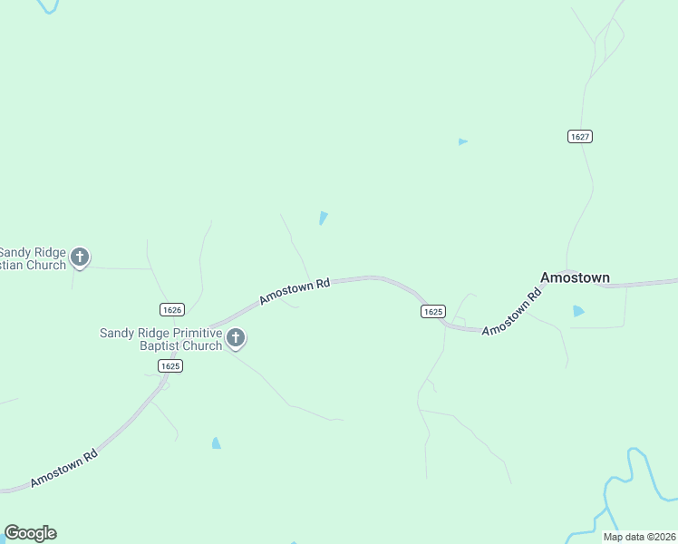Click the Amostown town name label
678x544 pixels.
(x=575, y=277)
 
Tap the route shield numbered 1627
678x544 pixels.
(x=581, y=136)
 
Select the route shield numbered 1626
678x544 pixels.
(x=171, y=309)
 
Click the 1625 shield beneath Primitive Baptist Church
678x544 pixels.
(x=170, y=365)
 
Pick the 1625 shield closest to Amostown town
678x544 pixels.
(x=432, y=311)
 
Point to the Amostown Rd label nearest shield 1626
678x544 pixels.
(x=295, y=291)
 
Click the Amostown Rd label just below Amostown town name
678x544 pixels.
(x=511, y=312)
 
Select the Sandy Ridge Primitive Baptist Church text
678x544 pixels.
(x=160, y=339)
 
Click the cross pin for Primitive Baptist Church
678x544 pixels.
(x=236, y=338)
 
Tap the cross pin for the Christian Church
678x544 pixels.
(x=80, y=257)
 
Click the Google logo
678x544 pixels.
(x=30, y=533)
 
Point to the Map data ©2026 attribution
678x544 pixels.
(x=639, y=537)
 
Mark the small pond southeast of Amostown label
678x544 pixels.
(x=578, y=311)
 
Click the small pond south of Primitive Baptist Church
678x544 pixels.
(x=216, y=443)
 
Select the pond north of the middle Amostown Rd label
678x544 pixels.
(x=323, y=218)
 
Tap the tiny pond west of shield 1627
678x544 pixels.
(x=462, y=141)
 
